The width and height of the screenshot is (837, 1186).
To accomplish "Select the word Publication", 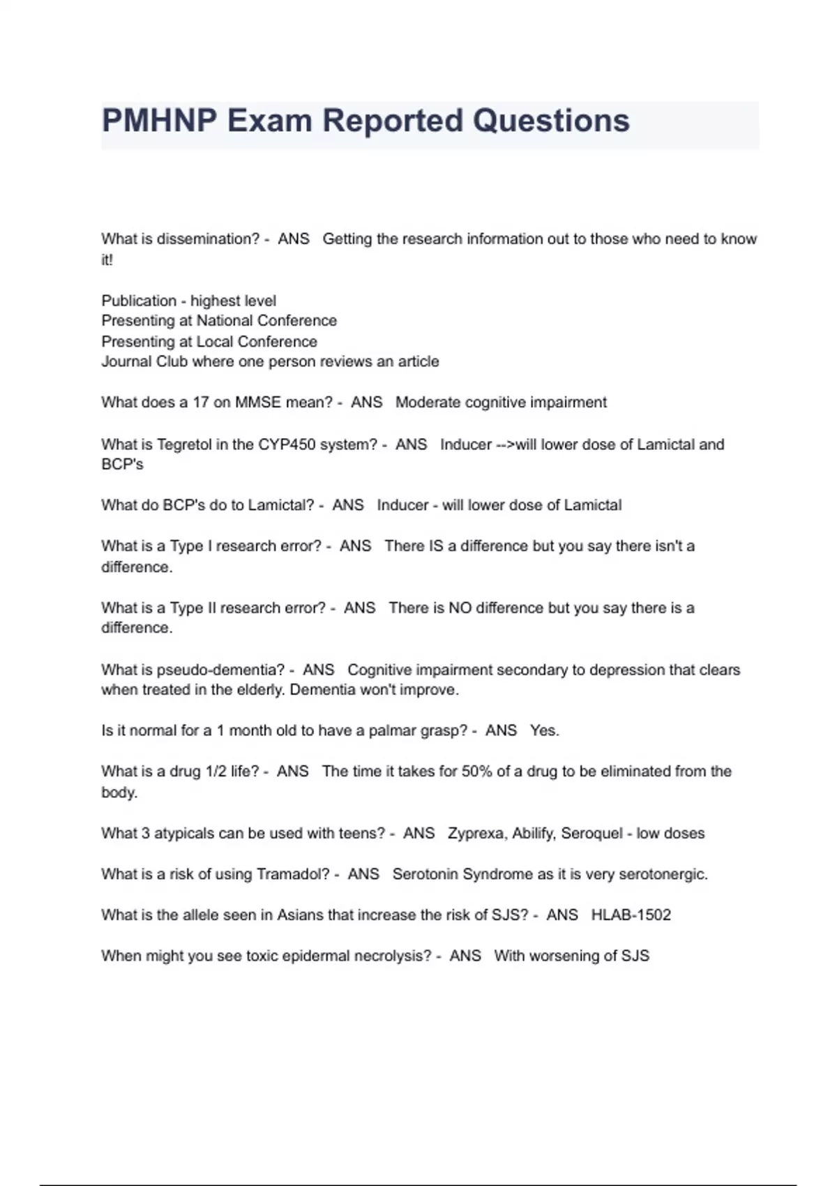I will pyautogui.click(x=139, y=301).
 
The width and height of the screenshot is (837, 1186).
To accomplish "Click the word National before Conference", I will pyautogui.click(x=225, y=321).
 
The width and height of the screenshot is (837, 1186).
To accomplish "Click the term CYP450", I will pyautogui.click(x=287, y=444).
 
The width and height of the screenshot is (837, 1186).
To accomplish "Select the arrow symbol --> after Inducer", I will pyautogui.click(x=505, y=444).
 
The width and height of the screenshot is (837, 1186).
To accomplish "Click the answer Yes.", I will pyautogui.click(x=544, y=730).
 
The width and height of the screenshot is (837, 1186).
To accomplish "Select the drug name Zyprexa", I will pyautogui.click(x=477, y=833).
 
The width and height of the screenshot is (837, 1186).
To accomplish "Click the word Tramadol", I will pyautogui.click(x=293, y=874).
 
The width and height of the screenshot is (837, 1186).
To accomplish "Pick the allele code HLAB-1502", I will pyautogui.click(x=631, y=915).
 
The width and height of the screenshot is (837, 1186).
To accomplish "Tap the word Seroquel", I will pyautogui.click(x=592, y=833).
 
